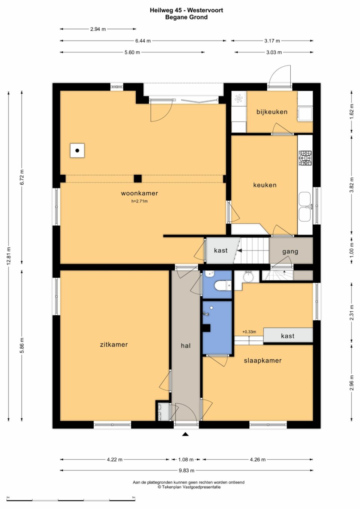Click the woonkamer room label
coord(139,193)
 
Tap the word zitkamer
coord(114,344)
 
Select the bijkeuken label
coord(272,112)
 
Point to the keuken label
coord(265,185)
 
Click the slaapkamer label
coord(263,361)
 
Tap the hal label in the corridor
coord(186,346)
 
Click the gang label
coord(290,252)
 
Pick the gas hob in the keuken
coord(305,158)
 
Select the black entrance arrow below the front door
coord(186,434)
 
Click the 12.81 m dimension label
coord(9,256)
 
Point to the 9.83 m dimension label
coord(186,470)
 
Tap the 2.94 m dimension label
coord(98,29)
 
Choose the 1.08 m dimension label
coord(186,460)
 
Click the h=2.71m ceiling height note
coord(139,201)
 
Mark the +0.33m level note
coord(249,332)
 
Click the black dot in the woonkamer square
coord(77,150)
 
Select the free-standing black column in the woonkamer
coord(138,179)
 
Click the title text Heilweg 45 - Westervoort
coord(186,10)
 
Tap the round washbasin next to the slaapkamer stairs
coord(248,277)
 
